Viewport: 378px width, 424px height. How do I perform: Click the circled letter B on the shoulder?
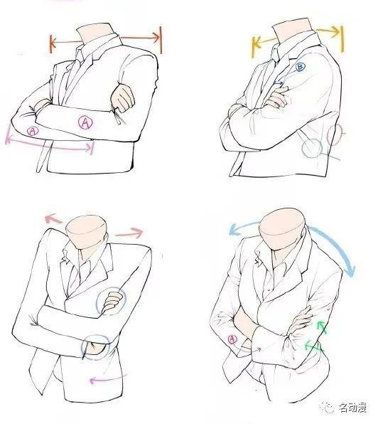[x=301, y=67]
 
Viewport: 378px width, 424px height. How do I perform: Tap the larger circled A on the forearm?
[x=85, y=123]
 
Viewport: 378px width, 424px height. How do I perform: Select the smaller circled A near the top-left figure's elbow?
[x=33, y=131]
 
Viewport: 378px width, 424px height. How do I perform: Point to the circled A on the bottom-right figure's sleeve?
[x=232, y=339]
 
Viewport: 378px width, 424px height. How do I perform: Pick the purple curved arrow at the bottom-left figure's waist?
[x=107, y=379]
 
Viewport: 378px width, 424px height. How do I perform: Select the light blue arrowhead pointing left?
[x=234, y=230]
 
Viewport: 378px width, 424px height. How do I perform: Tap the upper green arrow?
[x=322, y=328]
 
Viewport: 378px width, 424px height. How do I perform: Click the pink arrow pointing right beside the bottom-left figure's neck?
[x=129, y=233]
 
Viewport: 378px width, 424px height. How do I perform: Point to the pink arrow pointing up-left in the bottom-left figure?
[x=53, y=219]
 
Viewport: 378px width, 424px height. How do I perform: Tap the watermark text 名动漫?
[x=353, y=408]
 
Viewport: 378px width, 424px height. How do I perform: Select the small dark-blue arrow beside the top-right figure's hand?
[x=279, y=83]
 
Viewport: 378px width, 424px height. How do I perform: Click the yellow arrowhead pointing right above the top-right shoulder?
[x=337, y=31]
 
